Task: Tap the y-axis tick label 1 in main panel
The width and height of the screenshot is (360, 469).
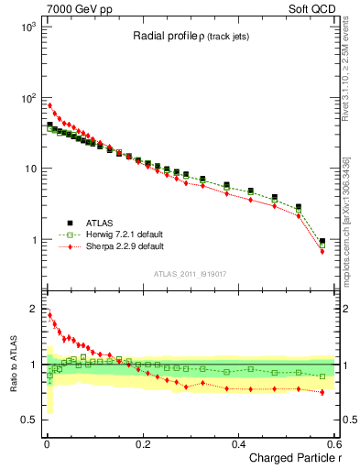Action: click(33, 240)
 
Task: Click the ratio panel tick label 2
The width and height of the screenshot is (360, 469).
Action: click(33, 309)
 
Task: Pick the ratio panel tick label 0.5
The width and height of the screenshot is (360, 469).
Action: click(29, 420)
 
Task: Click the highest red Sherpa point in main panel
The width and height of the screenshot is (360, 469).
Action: click(49, 105)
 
